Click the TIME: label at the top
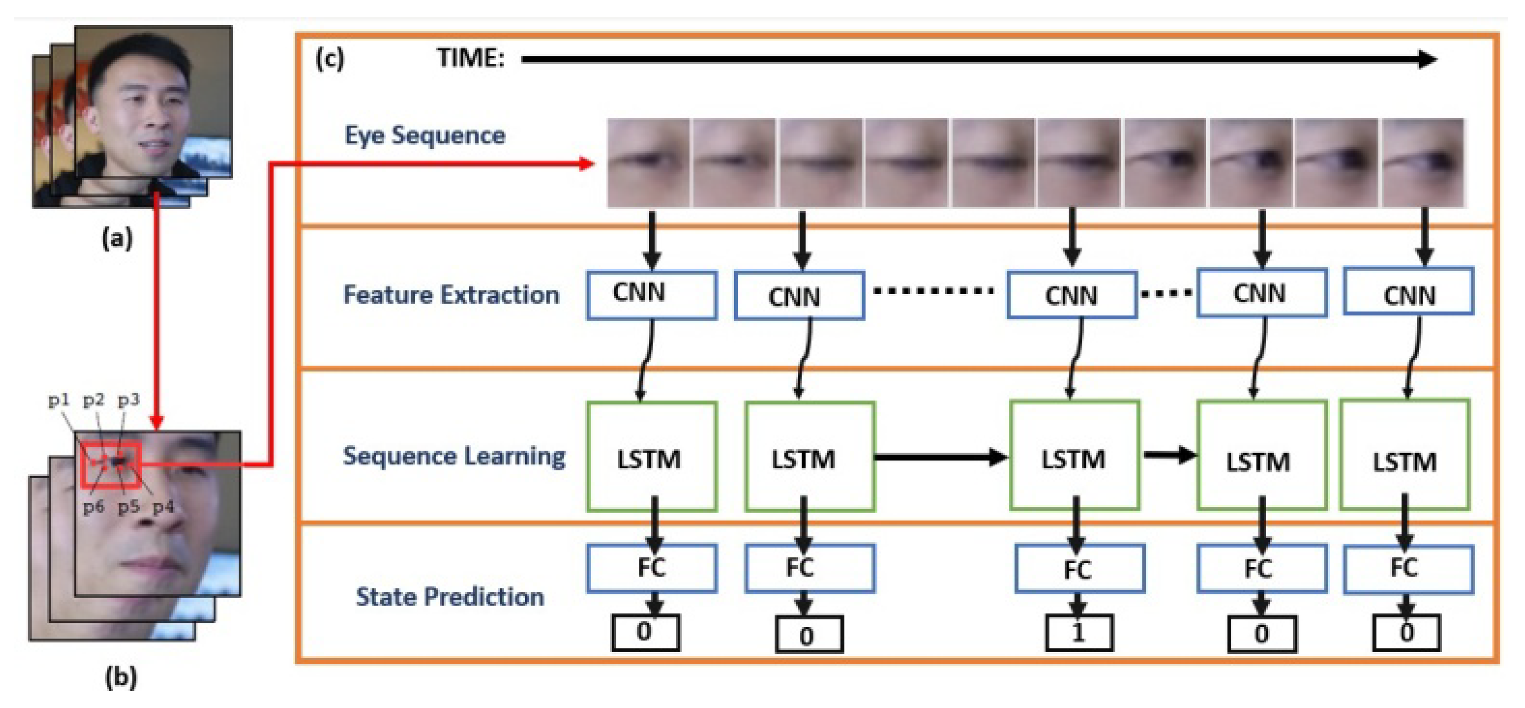(471, 58)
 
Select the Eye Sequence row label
(425, 135)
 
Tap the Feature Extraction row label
(451, 295)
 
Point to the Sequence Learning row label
(454, 457)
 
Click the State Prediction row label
(450, 597)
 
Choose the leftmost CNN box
(651, 295)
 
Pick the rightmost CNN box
(1408, 292)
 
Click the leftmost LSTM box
(651, 457)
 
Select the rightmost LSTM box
(1405, 455)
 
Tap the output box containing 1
(1079, 633)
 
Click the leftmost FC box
(651, 568)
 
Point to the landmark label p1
(59, 401)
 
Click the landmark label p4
(163, 507)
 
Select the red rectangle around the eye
(111, 465)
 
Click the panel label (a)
(117, 239)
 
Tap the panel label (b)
(121, 677)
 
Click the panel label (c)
(329, 59)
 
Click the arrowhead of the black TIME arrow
(1428, 59)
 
